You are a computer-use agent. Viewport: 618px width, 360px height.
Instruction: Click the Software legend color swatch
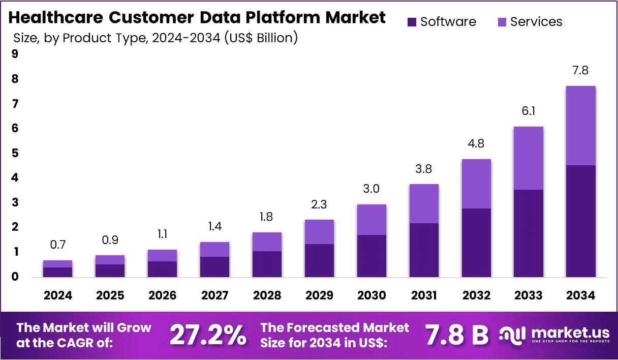412,22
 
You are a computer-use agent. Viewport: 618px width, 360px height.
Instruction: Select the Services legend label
536,22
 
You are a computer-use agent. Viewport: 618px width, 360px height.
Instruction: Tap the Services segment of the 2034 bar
581,126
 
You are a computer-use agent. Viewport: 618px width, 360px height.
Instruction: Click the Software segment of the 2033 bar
529,233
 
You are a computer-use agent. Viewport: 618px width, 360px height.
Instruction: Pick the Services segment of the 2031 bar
424,203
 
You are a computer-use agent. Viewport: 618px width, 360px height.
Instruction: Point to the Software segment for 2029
319,260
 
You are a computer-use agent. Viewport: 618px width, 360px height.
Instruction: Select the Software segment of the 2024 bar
57,272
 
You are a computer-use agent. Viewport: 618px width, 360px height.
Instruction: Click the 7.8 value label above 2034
580,71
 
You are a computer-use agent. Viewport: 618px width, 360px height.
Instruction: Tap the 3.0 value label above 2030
372,189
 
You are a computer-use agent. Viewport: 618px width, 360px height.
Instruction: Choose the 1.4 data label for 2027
214,227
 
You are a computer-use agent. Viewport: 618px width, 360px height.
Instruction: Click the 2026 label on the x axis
162,295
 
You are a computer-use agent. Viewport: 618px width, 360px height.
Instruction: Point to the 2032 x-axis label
476,295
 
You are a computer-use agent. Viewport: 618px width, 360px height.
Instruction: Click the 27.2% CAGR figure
208,335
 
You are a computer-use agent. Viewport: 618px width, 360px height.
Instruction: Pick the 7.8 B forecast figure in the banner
456,335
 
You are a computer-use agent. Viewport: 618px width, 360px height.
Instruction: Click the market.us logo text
570,333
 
